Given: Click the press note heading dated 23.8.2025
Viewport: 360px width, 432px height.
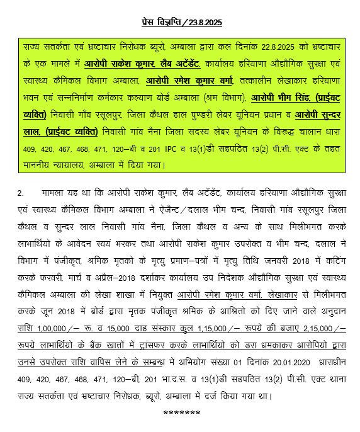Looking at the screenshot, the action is tap(182, 23).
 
